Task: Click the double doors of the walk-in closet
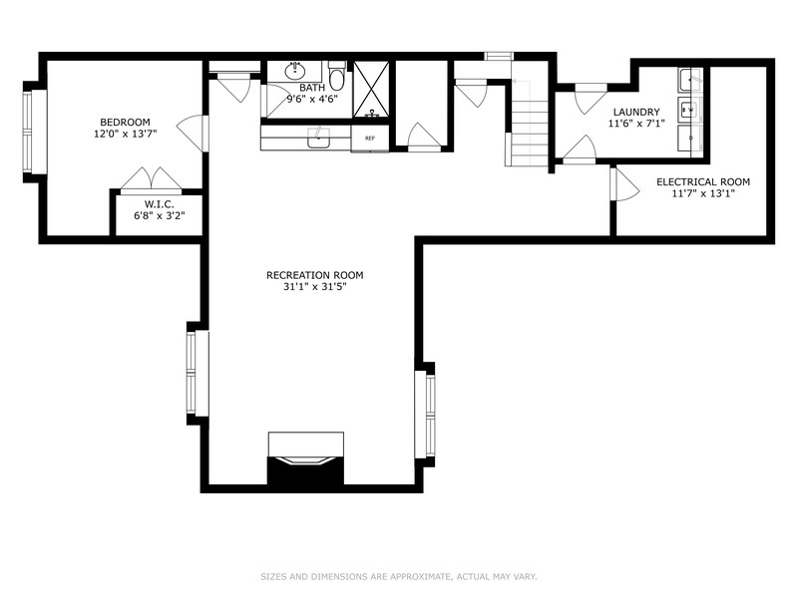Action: coord(152,179)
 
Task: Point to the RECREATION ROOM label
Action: coord(314,275)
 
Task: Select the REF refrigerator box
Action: coord(369,139)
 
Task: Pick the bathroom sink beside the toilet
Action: coord(295,72)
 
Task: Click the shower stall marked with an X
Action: coord(372,89)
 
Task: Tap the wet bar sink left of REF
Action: coord(319,139)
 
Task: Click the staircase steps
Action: coord(529,125)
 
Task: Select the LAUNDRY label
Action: coord(636,112)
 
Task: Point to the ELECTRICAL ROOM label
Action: coord(702,181)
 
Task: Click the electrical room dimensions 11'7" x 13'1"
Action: coord(702,193)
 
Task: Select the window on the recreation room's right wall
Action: coord(427,414)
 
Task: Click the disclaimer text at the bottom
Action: coord(399,576)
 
